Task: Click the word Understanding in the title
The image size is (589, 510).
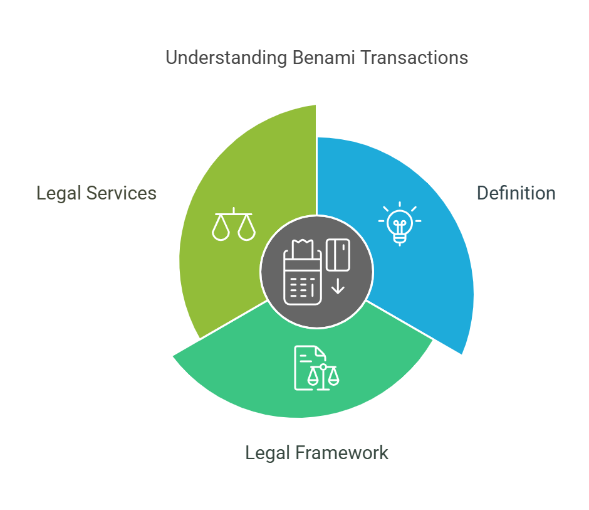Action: (226, 58)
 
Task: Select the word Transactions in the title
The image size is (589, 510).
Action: (414, 58)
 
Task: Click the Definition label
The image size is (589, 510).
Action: (516, 193)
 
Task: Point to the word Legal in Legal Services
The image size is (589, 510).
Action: (59, 194)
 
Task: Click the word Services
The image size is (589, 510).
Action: (122, 193)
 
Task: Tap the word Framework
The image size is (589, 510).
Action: (341, 452)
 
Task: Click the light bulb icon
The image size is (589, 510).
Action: (400, 223)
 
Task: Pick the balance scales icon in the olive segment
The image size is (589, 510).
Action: (234, 224)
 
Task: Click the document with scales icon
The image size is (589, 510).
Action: (316, 368)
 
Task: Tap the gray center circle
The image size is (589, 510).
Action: (316, 272)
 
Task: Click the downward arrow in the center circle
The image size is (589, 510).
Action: (338, 286)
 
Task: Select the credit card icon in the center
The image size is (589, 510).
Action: (338, 255)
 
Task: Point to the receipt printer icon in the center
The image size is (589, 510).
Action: (303, 272)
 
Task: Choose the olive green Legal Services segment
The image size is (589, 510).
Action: (233, 211)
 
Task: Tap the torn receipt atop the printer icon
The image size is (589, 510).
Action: (303, 248)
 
